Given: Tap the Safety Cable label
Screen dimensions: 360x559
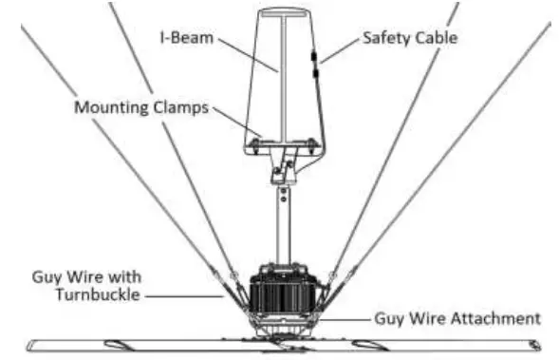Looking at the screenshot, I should click(409, 39).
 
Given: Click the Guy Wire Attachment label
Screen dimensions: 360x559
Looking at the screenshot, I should click(457, 317).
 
